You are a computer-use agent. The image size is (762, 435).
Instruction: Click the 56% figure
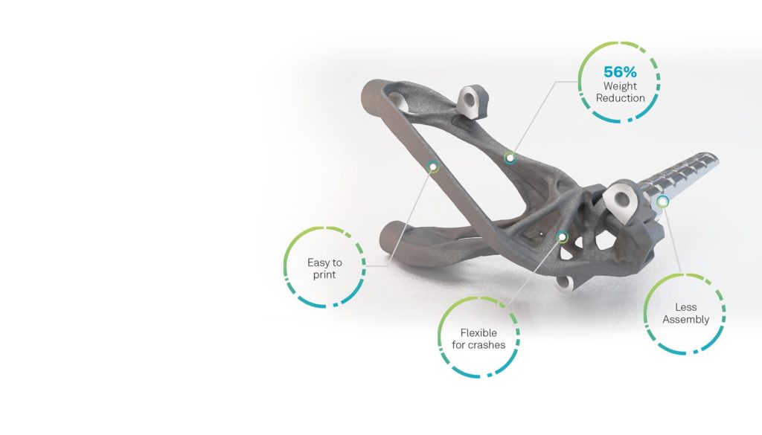pos(620,72)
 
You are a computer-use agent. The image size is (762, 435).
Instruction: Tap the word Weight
pos(620,86)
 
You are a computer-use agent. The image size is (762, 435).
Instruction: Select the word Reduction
pos(620,98)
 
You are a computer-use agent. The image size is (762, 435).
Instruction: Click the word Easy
pos(318,262)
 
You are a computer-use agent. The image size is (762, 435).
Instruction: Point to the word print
pos(324,275)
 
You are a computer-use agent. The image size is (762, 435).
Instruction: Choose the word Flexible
pos(478,333)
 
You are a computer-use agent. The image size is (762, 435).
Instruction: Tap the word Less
pos(685,307)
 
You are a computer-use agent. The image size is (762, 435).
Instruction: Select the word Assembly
pos(685,320)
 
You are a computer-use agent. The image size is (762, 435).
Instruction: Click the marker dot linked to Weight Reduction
pos(510,158)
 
